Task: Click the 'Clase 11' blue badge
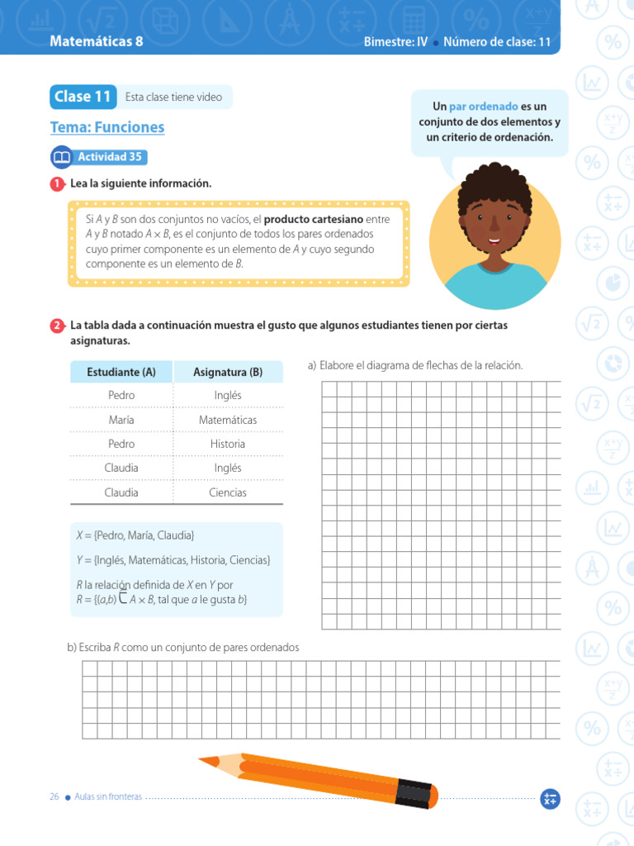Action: coord(82,97)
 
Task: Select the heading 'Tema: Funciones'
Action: coord(107,127)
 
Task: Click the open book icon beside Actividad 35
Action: coord(62,157)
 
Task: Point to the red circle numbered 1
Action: coord(57,184)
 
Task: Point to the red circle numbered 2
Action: coord(57,326)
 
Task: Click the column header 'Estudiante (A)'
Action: coord(121,372)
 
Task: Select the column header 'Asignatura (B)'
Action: coord(228,372)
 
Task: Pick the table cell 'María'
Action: coord(121,420)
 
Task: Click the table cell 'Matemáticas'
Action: coord(228,420)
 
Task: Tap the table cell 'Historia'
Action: coord(228,444)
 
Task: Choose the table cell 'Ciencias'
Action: coord(228,492)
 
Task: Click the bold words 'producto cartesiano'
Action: coord(314,219)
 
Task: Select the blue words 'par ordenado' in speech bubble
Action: coord(484,107)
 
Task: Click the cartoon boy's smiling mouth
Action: coord(494,242)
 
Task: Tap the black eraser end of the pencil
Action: coord(417,793)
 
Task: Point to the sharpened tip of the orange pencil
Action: coord(202,759)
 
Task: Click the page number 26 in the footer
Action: coord(54,796)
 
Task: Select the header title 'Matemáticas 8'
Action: coord(96,41)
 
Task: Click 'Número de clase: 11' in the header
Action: coord(497,42)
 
